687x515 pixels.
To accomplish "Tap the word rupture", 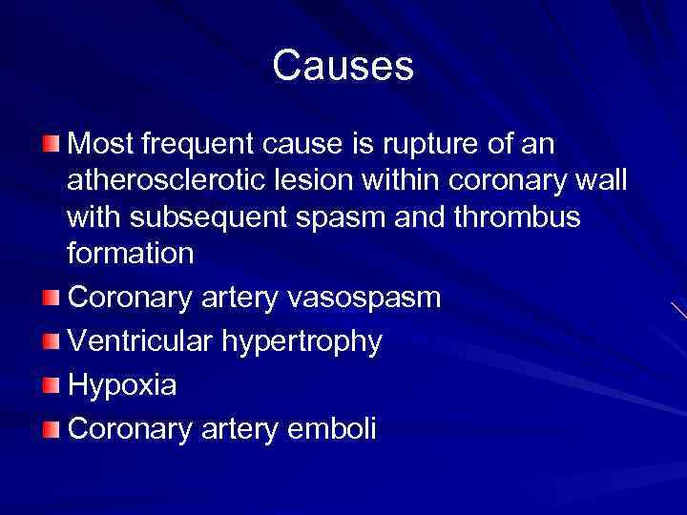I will (421, 145).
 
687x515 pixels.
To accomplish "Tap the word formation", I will (131, 254).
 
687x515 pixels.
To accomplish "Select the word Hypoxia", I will (123, 386).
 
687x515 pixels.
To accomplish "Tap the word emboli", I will (331, 429).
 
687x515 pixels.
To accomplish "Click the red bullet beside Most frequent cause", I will (51, 144).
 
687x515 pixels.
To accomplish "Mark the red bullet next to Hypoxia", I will (51, 385).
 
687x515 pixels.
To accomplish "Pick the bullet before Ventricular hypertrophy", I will (51, 341).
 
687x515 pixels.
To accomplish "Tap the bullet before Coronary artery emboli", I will (51, 429).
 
